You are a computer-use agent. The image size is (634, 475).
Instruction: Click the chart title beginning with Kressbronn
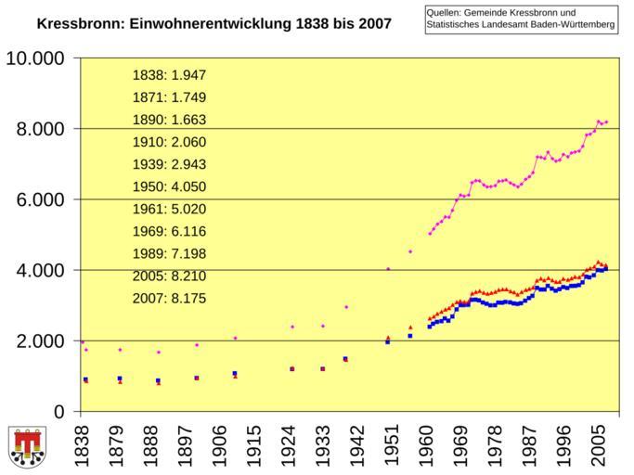point(213,22)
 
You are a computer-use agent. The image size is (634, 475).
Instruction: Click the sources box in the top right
point(521,19)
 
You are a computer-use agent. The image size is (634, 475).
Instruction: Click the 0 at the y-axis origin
point(59,411)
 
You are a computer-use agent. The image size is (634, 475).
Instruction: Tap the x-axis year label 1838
point(83,443)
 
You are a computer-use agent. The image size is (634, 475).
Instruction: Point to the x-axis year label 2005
point(600,443)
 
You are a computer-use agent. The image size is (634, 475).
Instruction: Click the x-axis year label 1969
point(459,443)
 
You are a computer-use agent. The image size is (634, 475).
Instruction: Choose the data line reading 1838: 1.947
point(169,75)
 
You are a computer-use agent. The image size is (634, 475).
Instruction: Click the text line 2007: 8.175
point(169,299)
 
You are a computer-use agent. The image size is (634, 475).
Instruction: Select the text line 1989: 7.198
point(169,253)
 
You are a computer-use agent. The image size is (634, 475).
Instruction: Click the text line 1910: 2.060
point(169,142)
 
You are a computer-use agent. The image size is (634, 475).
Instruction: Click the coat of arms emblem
point(27,447)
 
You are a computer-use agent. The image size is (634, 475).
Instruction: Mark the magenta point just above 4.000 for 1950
point(388,269)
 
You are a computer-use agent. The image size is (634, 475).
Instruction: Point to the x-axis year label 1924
point(293,443)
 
